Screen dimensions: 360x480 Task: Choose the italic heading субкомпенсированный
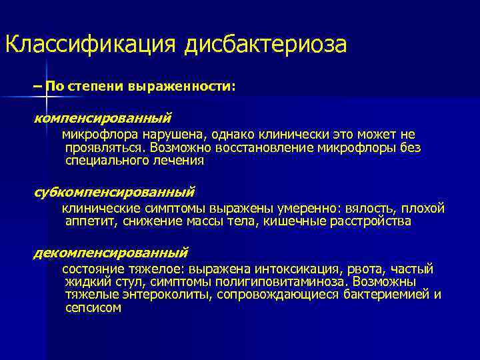click(114, 192)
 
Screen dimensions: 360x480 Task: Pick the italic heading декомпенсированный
click(111, 253)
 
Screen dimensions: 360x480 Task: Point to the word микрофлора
click(94, 135)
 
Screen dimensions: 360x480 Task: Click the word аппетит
click(89, 221)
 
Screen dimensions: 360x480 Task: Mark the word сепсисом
click(93, 307)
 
